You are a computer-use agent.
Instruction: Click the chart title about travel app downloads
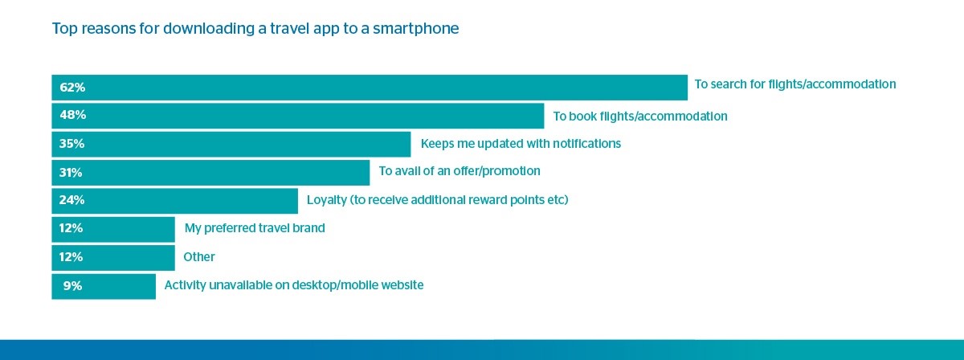pos(255,28)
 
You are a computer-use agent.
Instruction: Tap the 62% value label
pos(72,88)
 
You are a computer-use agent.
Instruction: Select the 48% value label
pos(73,115)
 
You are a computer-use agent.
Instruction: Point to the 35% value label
pos(71,143)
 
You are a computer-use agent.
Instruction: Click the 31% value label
pos(71,172)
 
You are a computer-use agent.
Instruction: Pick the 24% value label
pos(71,200)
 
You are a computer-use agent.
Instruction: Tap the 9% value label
pos(72,285)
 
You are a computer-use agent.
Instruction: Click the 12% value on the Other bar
pos(71,256)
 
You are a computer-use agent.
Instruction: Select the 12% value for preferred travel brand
pos(71,227)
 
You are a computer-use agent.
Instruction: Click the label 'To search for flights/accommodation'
pos(795,84)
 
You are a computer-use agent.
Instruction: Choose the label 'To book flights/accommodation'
pos(640,117)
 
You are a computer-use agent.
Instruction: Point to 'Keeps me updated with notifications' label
pos(521,143)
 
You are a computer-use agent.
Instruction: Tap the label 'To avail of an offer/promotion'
pos(460,171)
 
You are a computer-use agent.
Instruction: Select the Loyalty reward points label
pos(438,200)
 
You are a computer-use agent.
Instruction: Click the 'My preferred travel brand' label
pos(255,227)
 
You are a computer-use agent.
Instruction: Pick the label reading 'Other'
pos(199,257)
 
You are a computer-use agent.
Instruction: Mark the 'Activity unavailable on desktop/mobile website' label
pos(294,285)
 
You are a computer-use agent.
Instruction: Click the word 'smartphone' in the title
pos(416,29)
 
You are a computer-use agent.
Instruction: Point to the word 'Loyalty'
pos(327,200)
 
